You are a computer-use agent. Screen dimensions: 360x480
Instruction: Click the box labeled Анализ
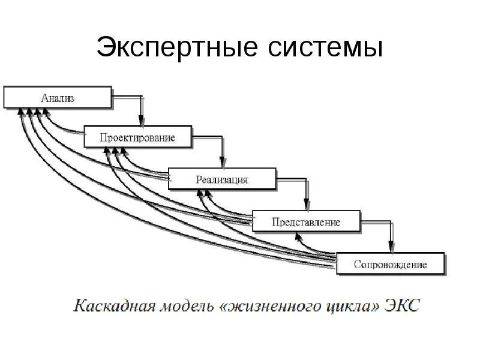[58, 97]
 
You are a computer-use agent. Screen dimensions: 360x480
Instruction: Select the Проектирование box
[138, 137]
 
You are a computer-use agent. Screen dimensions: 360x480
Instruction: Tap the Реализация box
[222, 179]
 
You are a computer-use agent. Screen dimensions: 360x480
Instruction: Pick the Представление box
[306, 221]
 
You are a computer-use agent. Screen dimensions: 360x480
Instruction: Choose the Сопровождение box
[391, 264]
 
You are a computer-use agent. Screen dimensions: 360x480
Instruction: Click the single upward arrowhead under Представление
[298, 236]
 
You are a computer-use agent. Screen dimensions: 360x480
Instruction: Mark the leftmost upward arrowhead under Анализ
[22, 112]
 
